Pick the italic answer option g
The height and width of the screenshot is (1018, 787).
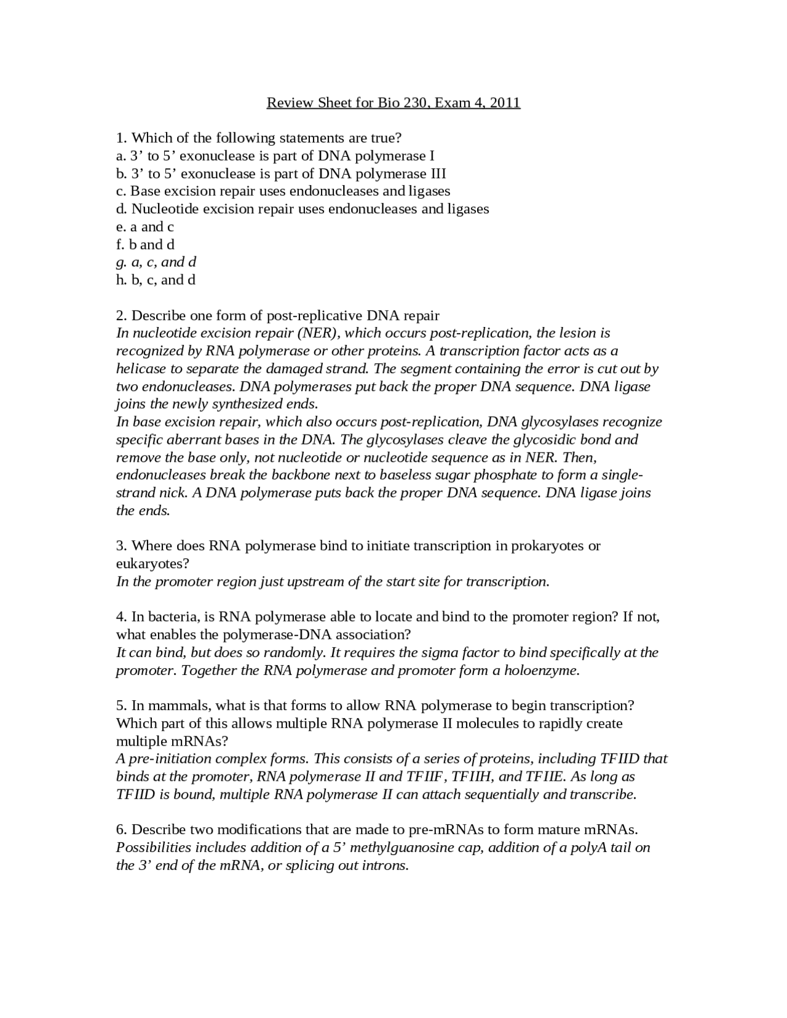(x=156, y=262)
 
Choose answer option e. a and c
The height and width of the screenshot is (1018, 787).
(x=145, y=227)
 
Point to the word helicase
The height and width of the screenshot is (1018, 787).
(x=141, y=369)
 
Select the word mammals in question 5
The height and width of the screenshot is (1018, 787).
(x=172, y=706)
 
